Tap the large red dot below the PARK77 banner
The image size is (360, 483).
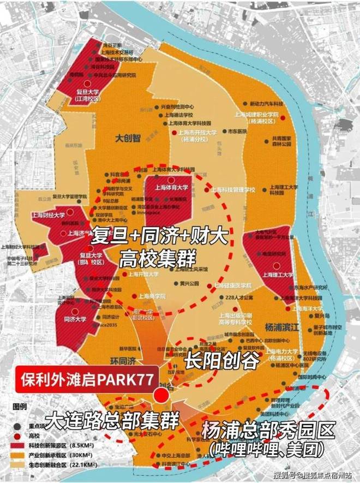[161, 396]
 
